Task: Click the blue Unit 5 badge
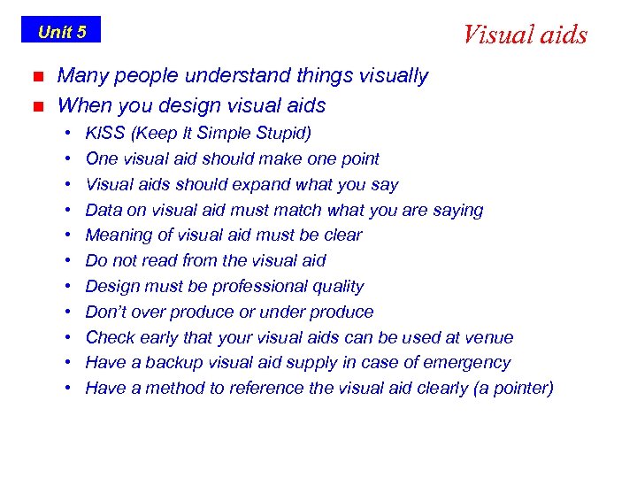pyautogui.click(x=61, y=32)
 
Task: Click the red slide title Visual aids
pyautogui.click(x=525, y=35)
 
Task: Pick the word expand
pyautogui.click(x=261, y=185)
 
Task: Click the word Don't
pyautogui.click(x=106, y=312)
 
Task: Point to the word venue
pyautogui.click(x=490, y=338)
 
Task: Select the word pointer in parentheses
pyautogui.click(x=518, y=389)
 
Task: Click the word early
pyautogui.click(x=162, y=338)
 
